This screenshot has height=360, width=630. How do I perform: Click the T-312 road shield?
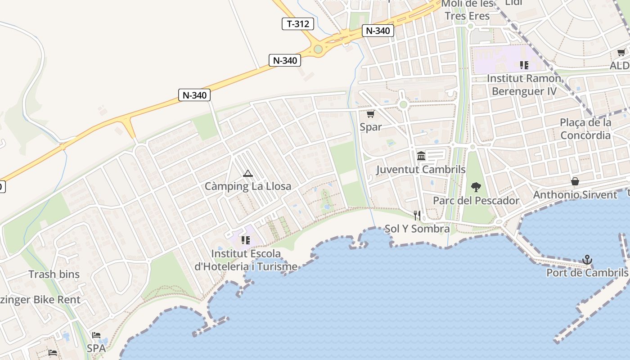[x=298, y=24]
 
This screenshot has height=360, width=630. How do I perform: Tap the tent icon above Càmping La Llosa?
[x=247, y=173]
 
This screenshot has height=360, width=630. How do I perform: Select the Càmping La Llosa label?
[x=248, y=186]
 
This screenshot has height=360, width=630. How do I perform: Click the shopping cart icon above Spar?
[x=370, y=114]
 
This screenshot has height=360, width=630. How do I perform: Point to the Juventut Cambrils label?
[x=421, y=169]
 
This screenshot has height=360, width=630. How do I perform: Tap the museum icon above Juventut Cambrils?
[x=421, y=156]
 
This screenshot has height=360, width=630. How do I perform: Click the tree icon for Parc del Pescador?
[x=476, y=187]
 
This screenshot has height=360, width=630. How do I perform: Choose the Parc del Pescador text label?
[x=476, y=200]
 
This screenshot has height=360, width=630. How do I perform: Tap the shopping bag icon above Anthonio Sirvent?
[x=575, y=181]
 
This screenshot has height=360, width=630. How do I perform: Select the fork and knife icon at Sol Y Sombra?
[x=417, y=216]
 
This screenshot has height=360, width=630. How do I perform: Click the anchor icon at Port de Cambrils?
[x=587, y=260]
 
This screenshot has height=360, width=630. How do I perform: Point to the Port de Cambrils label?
[x=587, y=273]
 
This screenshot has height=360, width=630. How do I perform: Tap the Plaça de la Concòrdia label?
[x=585, y=129]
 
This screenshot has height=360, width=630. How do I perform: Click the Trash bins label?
[x=54, y=274]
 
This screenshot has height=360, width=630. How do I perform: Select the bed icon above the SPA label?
[x=96, y=335]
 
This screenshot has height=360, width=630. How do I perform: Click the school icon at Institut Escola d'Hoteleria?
[x=245, y=240]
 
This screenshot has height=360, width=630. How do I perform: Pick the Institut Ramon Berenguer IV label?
[x=524, y=85]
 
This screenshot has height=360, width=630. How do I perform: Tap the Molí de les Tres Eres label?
[x=467, y=10]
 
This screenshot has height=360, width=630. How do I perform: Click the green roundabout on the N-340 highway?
[x=318, y=49]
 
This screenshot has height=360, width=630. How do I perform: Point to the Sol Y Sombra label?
[x=417, y=229]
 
